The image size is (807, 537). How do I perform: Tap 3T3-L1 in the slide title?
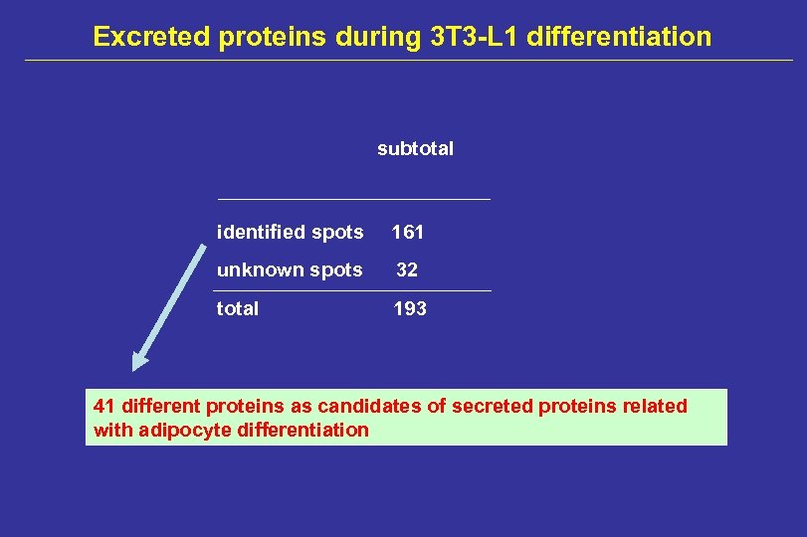click(x=472, y=37)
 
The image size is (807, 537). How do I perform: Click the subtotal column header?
click(x=415, y=149)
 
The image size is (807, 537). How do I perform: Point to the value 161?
click(x=408, y=233)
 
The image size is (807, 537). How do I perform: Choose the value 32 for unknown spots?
click(x=408, y=270)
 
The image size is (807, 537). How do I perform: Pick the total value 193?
click(x=410, y=309)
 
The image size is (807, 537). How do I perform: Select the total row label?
click(x=238, y=309)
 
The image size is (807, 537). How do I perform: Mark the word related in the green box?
click(x=658, y=406)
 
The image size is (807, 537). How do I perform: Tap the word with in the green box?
click(x=110, y=431)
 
